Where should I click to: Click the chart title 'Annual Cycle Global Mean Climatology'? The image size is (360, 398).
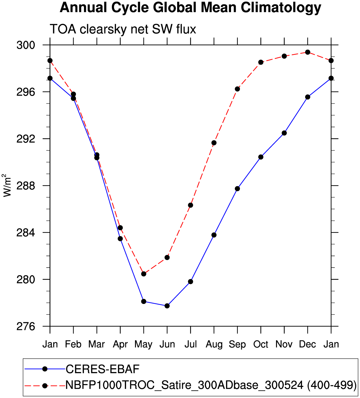point(190,8)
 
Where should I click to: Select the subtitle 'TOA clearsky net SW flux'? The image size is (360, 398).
point(123,29)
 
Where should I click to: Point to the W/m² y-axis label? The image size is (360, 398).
point(7,185)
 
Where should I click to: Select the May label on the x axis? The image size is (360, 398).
point(144,344)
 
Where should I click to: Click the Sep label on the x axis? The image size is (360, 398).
point(237,344)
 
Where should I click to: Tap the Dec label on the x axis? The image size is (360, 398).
point(307,344)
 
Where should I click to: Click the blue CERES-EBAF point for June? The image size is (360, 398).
point(167,306)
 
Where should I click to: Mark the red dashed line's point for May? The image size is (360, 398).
point(144,274)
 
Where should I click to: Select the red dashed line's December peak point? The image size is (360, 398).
point(307,52)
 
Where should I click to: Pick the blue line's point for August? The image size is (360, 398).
point(214,235)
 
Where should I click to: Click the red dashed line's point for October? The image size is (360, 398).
point(261,62)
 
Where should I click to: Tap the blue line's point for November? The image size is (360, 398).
point(284,133)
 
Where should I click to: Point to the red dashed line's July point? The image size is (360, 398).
point(190,205)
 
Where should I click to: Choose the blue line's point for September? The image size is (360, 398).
point(237,189)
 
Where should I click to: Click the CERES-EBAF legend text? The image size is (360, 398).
point(102,369)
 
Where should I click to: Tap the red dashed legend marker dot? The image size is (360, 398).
point(45,385)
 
